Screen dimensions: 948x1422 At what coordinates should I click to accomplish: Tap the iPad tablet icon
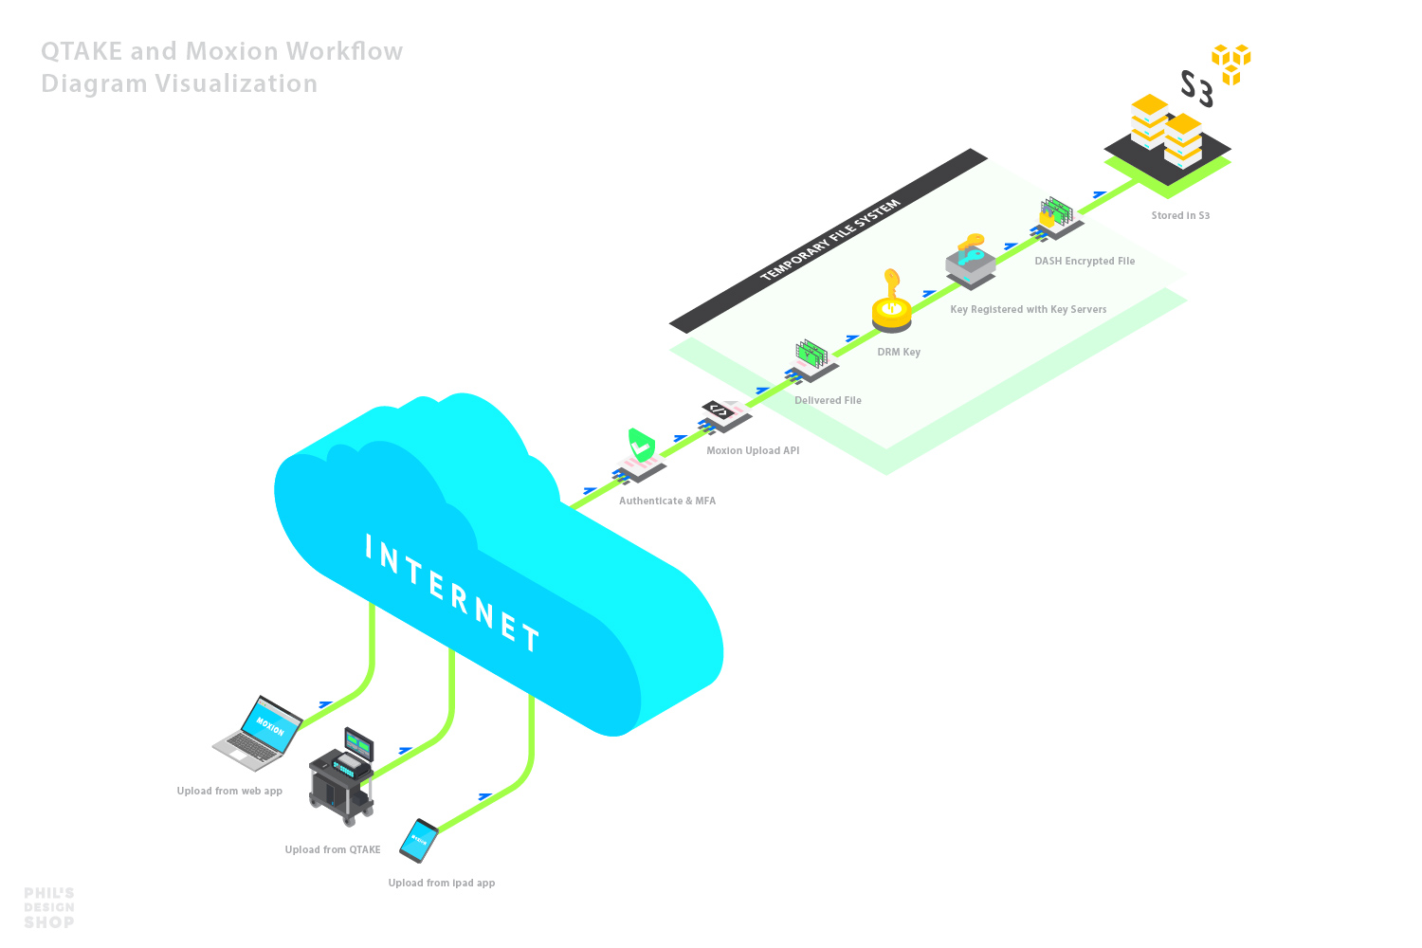point(418,840)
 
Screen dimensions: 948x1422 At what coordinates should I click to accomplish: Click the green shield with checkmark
point(642,445)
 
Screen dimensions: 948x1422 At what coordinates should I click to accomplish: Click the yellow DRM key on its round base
point(891,305)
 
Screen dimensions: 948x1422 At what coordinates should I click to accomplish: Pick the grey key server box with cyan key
point(971,259)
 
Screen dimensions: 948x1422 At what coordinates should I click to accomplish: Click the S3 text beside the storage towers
point(1196,89)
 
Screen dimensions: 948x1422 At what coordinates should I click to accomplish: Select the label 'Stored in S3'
point(1180,216)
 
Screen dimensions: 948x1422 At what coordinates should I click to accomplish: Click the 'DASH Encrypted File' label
point(1085,262)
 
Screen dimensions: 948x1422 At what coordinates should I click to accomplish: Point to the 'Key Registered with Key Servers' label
point(1028,310)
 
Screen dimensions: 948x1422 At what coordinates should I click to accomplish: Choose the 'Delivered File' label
point(828,401)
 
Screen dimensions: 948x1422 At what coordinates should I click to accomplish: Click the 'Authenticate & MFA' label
point(667,501)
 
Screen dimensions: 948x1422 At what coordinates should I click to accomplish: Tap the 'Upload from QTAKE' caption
point(333,850)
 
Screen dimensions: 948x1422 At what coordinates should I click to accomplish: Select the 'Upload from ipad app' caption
point(442,884)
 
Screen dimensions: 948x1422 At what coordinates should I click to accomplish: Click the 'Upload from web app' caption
point(229,792)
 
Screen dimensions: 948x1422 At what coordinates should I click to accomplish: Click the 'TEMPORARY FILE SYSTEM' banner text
point(830,241)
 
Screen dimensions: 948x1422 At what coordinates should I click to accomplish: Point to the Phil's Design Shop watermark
point(49,908)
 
